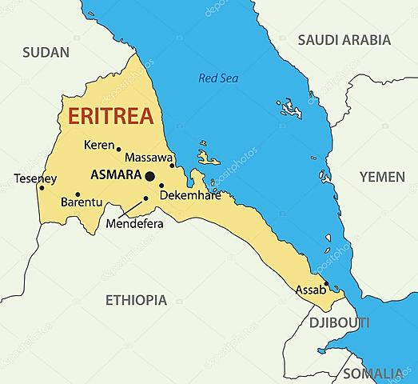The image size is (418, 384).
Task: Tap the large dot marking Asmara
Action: tap(149, 176)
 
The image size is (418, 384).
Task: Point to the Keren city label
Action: tap(99, 145)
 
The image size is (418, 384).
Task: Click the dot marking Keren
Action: tap(119, 149)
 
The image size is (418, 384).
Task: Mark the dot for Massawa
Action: tap(172, 166)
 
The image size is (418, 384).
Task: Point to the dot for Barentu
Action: tap(78, 194)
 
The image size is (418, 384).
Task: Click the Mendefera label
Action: tap(134, 224)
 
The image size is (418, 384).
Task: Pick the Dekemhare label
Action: tap(190, 195)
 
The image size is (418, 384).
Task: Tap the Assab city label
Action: tap(311, 290)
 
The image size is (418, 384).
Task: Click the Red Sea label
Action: tap(218, 78)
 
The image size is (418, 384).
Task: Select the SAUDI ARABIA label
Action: tap(344, 39)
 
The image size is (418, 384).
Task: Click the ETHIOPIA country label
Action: tap(136, 300)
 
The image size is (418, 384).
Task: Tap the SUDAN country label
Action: tap(46, 52)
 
